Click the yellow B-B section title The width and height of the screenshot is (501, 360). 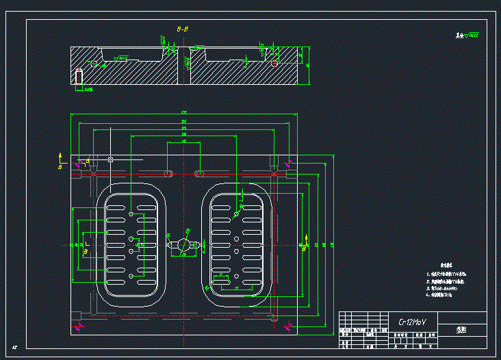click(x=183, y=30)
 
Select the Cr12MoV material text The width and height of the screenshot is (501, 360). click(x=413, y=321)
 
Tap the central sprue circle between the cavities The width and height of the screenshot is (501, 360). click(x=183, y=244)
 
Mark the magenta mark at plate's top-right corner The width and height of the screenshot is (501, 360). click(x=291, y=163)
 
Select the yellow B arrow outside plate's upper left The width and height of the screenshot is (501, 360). click(x=60, y=162)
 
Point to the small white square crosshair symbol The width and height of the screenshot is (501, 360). click(x=110, y=159)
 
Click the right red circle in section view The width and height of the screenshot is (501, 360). click(x=274, y=63)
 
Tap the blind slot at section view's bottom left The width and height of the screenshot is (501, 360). click(x=79, y=77)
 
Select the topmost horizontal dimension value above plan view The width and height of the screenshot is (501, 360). click(x=183, y=112)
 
